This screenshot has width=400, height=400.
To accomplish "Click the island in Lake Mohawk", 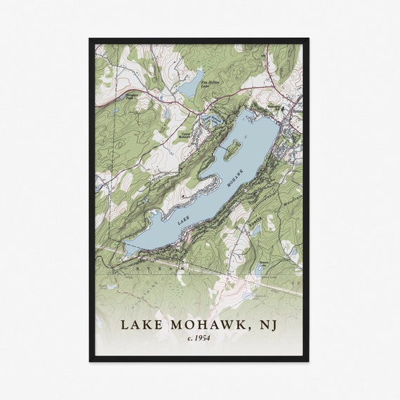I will point(232,147).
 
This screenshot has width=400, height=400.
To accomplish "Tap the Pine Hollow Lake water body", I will point(191,83).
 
